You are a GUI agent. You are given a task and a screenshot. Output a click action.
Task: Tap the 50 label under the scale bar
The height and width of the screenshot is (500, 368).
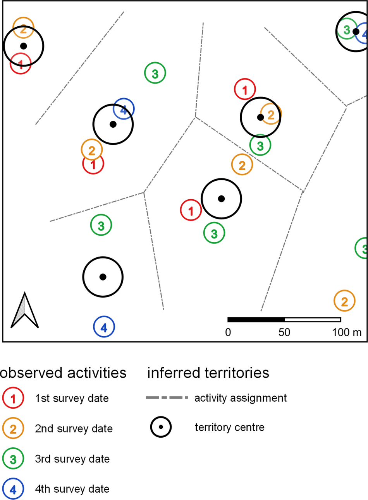[x=284, y=332]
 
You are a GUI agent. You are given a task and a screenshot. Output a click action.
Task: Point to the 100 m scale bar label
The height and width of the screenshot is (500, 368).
[x=346, y=332]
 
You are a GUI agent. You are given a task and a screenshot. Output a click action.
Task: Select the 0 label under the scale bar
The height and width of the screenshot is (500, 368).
[x=228, y=332]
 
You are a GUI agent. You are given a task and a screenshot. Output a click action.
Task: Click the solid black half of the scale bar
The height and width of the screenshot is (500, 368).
[x=256, y=320]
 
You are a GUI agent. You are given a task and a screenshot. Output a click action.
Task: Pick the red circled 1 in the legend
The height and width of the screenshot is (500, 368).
[x=13, y=398]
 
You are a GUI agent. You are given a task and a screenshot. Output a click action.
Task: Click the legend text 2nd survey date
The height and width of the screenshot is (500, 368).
[x=74, y=429]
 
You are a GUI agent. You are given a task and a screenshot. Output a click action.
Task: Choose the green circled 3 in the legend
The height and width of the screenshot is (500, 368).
[x=13, y=459]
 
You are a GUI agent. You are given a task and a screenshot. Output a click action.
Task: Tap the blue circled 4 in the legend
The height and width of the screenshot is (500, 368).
[x=13, y=490]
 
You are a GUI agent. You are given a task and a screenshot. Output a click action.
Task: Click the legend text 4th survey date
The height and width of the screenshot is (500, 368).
[x=72, y=489]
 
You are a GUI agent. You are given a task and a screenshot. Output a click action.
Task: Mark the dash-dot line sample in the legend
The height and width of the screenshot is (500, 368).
[x=167, y=398]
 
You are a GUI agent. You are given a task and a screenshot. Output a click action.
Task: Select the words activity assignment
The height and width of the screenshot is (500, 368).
[x=241, y=398]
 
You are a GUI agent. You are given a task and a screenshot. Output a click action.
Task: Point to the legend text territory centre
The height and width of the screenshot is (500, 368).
[x=229, y=428]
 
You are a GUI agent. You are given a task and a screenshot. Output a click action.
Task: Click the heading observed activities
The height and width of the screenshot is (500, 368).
[x=63, y=373]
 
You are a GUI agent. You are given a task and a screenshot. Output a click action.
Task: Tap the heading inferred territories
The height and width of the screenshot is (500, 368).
[x=208, y=373]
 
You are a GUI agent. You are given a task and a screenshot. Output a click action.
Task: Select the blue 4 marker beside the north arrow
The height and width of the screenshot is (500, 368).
[x=104, y=327]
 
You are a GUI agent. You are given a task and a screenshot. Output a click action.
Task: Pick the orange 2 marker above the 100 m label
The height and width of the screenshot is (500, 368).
[x=344, y=301]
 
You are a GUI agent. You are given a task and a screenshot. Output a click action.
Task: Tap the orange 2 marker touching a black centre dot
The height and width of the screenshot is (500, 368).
[x=271, y=115]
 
